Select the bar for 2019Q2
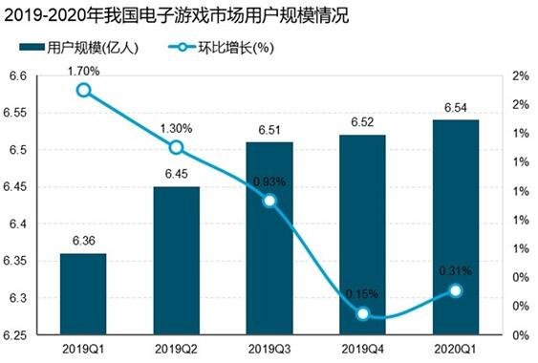click(176, 261)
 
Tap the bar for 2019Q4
click(362, 235)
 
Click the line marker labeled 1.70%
click(83, 91)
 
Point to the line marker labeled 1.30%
click(176, 147)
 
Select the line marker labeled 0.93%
click(269, 201)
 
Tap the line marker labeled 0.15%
click(362, 313)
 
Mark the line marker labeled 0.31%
click(455, 290)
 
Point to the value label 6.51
click(269, 132)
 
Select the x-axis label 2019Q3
click(269, 349)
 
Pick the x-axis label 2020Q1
click(455, 349)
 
